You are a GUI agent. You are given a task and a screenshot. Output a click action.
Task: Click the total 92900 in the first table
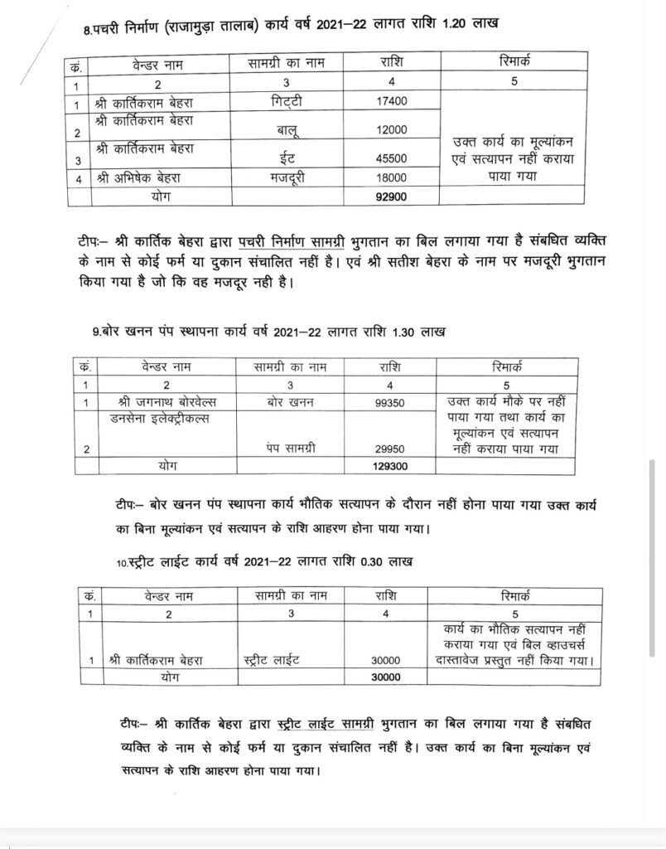393,197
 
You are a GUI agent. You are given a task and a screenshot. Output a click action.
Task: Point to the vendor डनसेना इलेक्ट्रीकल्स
159,420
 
